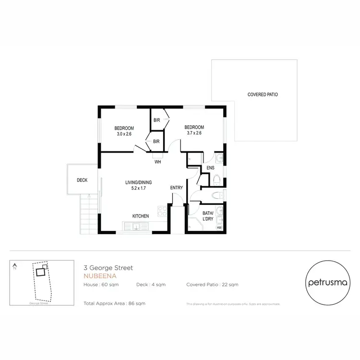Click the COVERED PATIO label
click(263, 95)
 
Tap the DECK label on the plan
click(82, 180)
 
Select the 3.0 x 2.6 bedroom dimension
click(124, 134)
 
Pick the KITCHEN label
click(141, 216)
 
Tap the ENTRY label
click(177, 188)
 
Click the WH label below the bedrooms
click(157, 162)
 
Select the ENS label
click(210, 168)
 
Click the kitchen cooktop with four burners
click(161, 211)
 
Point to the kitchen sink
click(136, 227)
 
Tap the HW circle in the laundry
click(219, 228)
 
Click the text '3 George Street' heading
click(108, 268)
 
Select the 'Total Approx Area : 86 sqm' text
click(114, 303)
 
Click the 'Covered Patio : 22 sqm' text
click(212, 285)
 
